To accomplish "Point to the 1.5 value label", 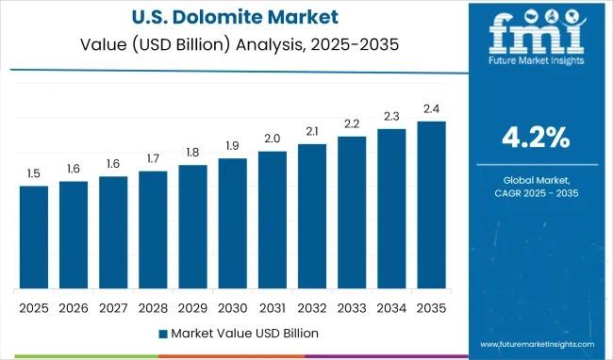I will click(33, 174).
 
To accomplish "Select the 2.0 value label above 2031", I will click(272, 139).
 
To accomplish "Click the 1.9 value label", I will click(232, 146).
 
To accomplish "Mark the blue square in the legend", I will click(162, 333).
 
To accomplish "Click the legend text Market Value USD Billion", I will click(244, 333).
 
